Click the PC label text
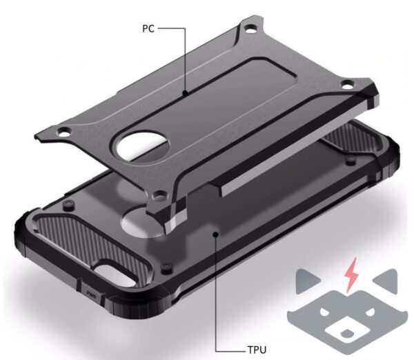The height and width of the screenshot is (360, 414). [x=148, y=28]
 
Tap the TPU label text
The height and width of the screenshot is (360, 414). [x=257, y=350]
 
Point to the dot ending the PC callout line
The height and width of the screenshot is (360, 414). [x=186, y=92]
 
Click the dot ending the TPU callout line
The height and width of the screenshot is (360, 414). [x=216, y=234]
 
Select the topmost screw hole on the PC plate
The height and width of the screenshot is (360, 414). [x=251, y=29]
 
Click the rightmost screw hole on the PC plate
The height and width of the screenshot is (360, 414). [x=347, y=85]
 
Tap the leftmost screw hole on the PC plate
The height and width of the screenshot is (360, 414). [x=64, y=132]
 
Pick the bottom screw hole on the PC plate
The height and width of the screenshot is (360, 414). [x=159, y=196]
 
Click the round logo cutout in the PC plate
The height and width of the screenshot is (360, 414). [x=142, y=145]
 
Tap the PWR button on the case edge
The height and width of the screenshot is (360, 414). [x=92, y=294]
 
